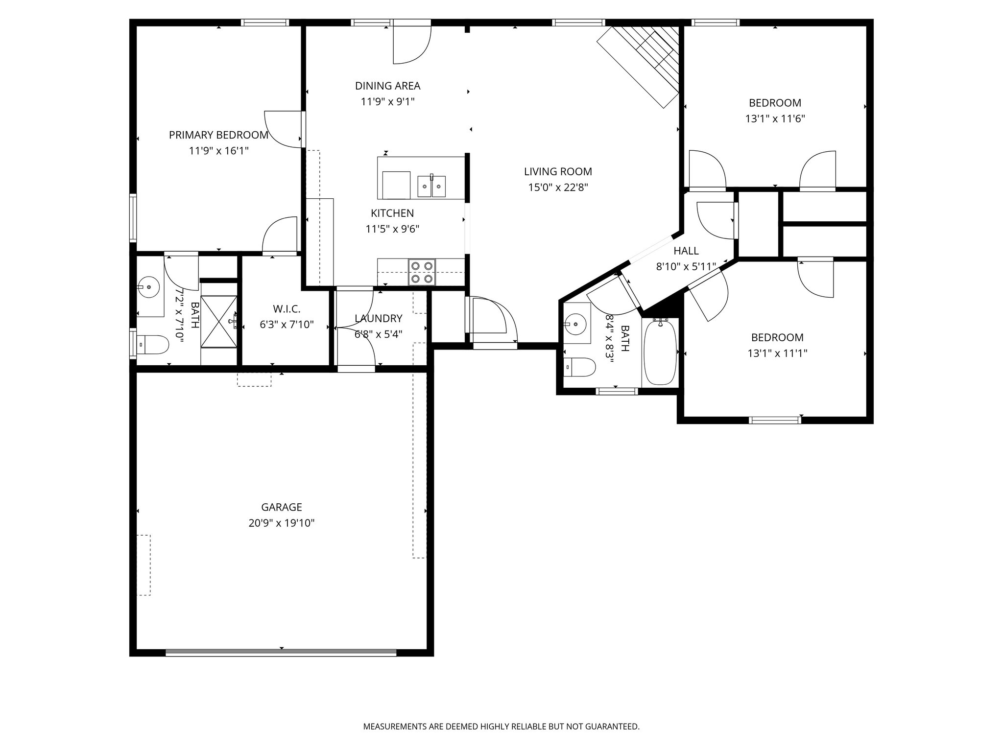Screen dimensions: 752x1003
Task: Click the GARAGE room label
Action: [x=281, y=507]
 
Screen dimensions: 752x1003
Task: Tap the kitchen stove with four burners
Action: [x=422, y=272]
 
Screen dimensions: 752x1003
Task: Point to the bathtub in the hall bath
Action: [x=660, y=352]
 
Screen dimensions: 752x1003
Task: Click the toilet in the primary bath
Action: [x=152, y=344]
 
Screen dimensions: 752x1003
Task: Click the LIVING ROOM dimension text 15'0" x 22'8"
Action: [x=558, y=187]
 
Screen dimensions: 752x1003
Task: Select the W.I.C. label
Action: [x=287, y=309]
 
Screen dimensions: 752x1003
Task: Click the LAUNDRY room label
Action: [x=378, y=319]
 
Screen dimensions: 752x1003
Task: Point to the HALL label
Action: [x=686, y=251]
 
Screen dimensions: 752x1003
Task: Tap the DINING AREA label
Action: [x=387, y=86]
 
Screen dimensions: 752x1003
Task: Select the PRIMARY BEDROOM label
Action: [x=218, y=135]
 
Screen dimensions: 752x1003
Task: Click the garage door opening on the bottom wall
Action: [x=281, y=652]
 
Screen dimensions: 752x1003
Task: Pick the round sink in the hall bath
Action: [x=574, y=323]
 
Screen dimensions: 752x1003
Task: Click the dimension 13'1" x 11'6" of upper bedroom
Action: [x=775, y=118]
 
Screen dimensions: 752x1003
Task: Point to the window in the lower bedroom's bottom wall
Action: [x=775, y=420]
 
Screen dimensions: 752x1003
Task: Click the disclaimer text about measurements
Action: [x=501, y=727]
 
